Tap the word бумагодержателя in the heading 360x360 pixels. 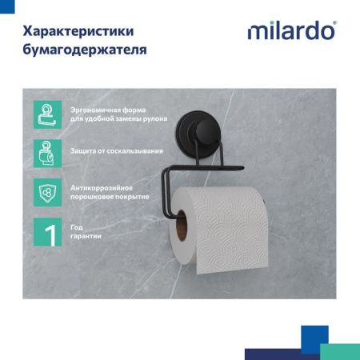(x=86, y=50)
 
